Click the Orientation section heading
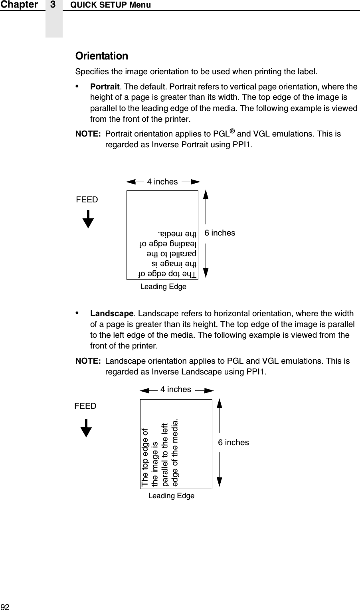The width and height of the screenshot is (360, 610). point(102,56)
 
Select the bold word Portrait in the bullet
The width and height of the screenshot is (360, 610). point(105,87)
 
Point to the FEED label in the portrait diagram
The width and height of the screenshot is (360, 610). point(87,199)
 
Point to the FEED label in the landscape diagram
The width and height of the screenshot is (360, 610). point(85,406)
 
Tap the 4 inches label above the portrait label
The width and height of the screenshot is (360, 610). point(162,182)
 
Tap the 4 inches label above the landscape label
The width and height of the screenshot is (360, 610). point(176,389)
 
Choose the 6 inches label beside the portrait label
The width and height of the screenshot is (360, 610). point(220,233)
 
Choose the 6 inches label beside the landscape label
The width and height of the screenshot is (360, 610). point(233,442)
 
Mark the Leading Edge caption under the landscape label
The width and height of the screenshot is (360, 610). point(171,496)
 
